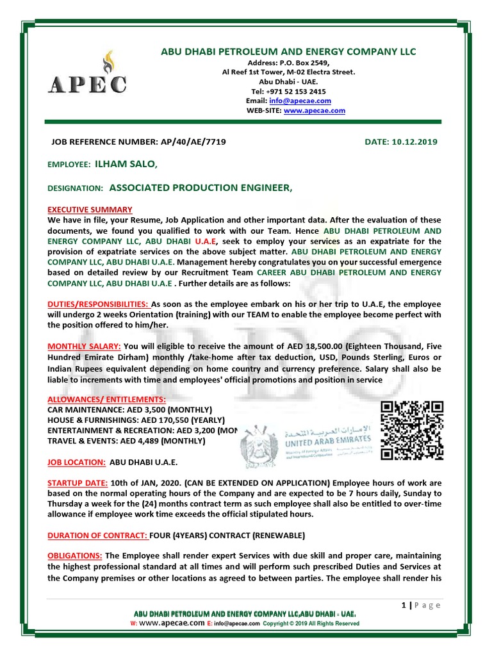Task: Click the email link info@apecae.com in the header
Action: point(309,101)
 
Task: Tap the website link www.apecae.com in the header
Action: point(314,110)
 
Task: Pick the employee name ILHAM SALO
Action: point(125,165)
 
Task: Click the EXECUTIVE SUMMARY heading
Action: point(90,209)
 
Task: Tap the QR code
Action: point(412,430)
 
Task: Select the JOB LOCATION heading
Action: point(77,461)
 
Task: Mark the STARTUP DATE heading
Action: point(77,482)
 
